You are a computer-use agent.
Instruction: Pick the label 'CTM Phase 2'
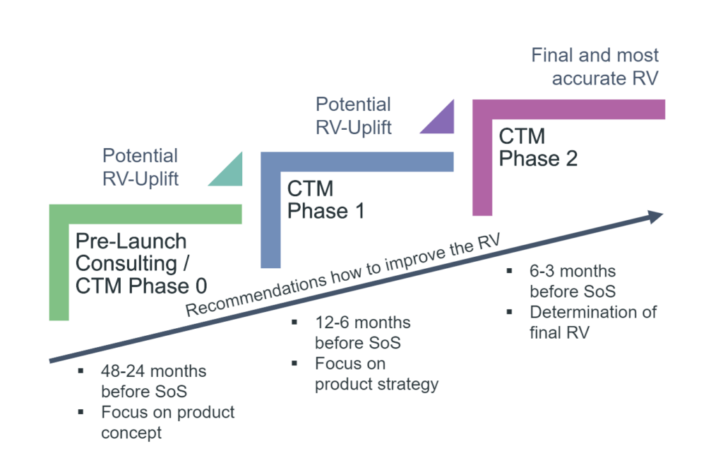538,147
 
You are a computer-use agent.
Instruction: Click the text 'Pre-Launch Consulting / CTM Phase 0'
141,263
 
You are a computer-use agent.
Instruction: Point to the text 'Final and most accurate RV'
594,66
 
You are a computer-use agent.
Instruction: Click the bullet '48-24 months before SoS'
153,381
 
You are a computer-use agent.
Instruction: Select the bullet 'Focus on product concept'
167,422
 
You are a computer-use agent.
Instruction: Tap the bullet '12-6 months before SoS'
362,333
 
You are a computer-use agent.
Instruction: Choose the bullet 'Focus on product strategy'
376,374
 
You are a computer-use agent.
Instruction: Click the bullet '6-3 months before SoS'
572,281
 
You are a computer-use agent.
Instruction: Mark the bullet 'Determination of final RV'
593,322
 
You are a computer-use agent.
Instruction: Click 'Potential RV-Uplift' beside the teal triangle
140,167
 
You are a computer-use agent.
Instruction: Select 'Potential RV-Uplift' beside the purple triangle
353,116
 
